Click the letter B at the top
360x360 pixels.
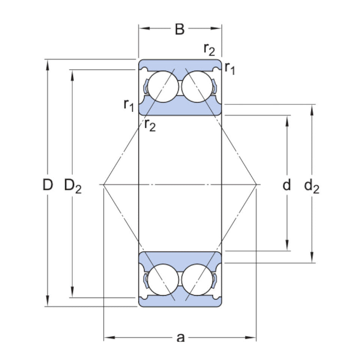(x=180, y=29)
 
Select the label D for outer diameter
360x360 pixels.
(x=47, y=185)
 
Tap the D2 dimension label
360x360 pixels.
(x=73, y=186)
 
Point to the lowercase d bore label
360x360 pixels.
(x=287, y=185)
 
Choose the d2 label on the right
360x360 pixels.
(x=311, y=186)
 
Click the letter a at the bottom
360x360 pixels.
(x=181, y=337)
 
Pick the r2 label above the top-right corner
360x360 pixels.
(x=209, y=49)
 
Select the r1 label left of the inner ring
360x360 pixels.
(x=129, y=105)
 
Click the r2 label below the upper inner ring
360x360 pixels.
(x=150, y=125)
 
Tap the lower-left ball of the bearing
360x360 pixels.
(x=163, y=281)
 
